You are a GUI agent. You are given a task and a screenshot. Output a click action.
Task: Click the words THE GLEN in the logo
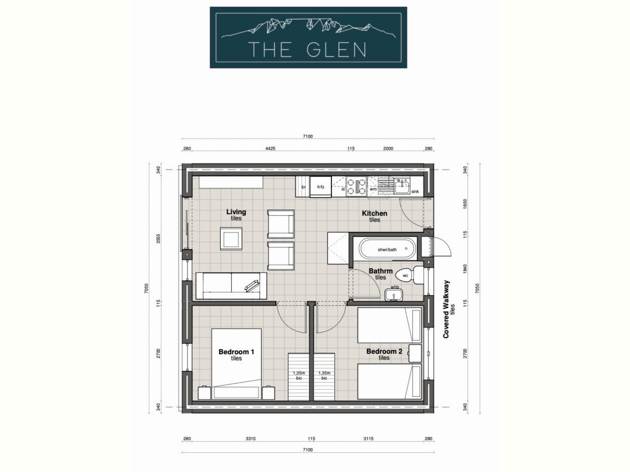click(x=307, y=50)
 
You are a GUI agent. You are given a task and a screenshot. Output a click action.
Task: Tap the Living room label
click(x=236, y=212)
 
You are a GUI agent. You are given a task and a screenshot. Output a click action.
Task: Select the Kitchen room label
click(x=374, y=213)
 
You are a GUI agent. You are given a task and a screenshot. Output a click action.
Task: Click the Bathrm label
click(x=380, y=271)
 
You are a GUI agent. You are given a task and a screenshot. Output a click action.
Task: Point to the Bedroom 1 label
click(x=236, y=352)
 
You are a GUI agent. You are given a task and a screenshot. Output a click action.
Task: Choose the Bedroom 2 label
click(x=384, y=351)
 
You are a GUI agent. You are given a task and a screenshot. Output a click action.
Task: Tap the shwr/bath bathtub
click(x=388, y=249)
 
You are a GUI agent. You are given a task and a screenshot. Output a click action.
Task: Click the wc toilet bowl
click(x=404, y=275)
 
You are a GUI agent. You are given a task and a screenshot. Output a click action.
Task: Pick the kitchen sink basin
click(x=402, y=187)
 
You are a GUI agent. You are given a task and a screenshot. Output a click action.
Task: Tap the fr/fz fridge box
click(x=321, y=187)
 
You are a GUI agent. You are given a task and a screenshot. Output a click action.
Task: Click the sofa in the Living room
click(x=231, y=286)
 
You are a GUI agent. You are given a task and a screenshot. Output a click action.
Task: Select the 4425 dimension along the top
click(x=270, y=148)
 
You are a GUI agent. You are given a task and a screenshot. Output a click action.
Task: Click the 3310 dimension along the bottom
click(x=250, y=439)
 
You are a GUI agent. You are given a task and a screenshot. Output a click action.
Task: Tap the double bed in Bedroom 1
click(x=236, y=364)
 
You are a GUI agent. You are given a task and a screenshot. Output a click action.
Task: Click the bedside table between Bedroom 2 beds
click(x=415, y=353)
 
